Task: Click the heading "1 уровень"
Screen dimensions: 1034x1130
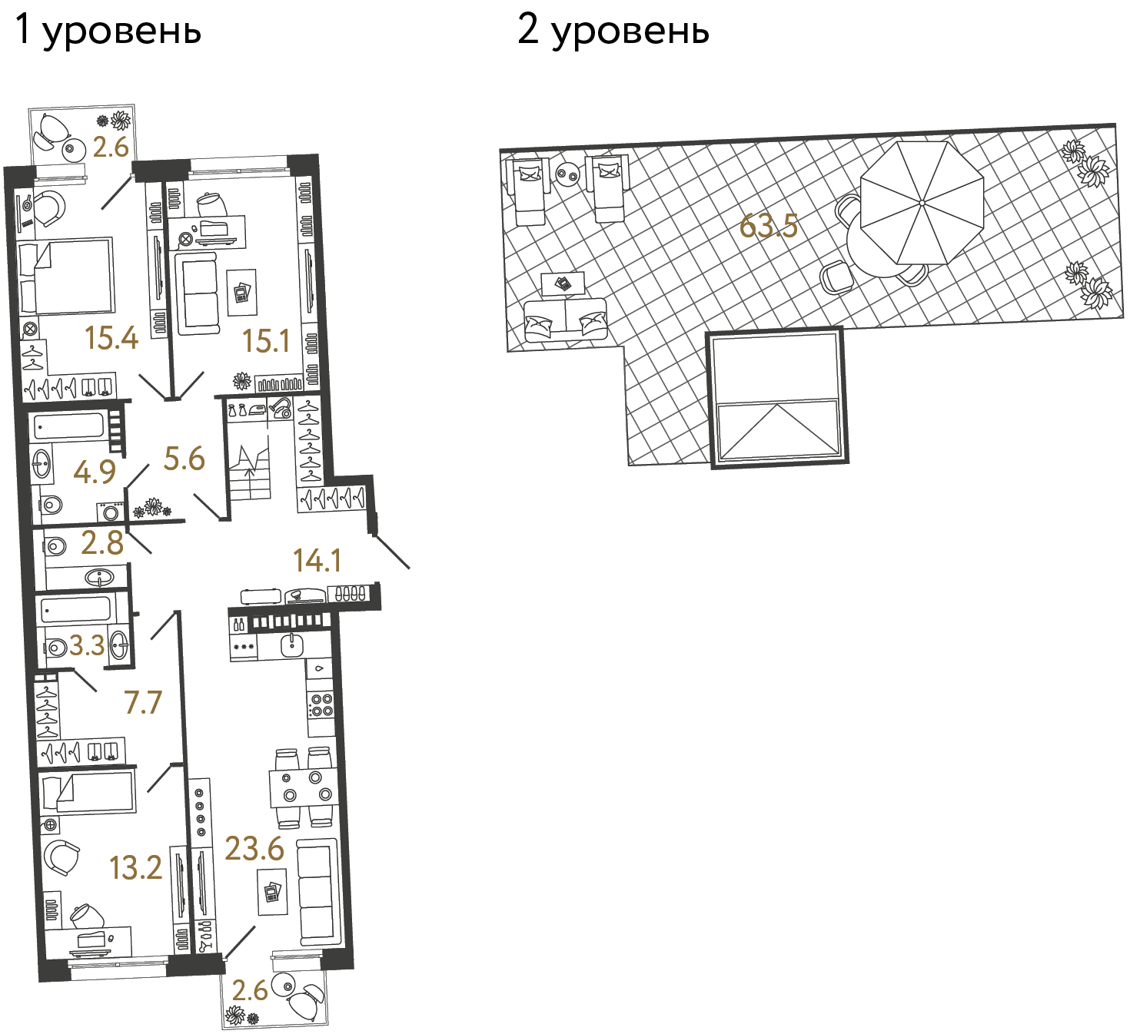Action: coord(108,31)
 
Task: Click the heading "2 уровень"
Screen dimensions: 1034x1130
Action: coord(613,31)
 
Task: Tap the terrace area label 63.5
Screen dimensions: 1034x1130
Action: coord(768,226)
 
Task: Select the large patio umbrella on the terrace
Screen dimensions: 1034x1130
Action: coord(922,203)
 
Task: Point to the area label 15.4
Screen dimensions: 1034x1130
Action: coord(111,338)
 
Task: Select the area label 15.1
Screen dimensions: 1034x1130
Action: coord(266,341)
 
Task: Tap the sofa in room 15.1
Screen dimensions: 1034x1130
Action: coord(198,293)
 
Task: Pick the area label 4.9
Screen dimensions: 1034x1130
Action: coord(95,471)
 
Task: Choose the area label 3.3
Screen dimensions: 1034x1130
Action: coord(87,645)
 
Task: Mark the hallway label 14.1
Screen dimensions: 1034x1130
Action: coord(317,561)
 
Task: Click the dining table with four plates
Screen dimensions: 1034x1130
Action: coord(301,787)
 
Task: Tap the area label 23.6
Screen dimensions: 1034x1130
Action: coord(254,849)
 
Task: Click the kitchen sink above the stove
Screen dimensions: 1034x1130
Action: coord(292,645)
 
